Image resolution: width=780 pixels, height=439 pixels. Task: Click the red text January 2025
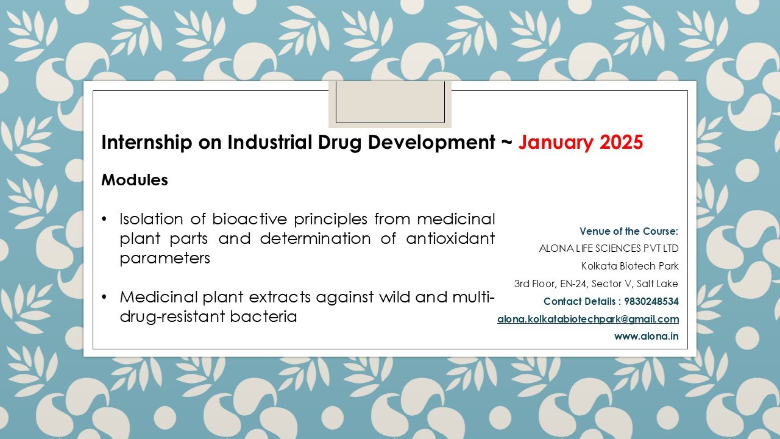pyautogui.click(x=581, y=142)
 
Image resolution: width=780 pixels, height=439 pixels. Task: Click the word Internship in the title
pyautogui.click(x=147, y=143)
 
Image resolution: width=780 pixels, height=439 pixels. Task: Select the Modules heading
pyautogui.click(x=135, y=180)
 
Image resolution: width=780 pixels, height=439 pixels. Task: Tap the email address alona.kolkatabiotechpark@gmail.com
pyautogui.click(x=588, y=319)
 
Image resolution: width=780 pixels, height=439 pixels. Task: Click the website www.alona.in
pyautogui.click(x=647, y=336)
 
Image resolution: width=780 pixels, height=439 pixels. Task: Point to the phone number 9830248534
pyautogui.click(x=651, y=301)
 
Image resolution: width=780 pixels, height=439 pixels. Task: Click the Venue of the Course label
pyautogui.click(x=629, y=231)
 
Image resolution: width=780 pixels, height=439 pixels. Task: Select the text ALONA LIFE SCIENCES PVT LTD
pyautogui.click(x=609, y=248)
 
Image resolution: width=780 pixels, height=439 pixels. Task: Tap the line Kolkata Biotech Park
pyautogui.click(x=630, y=266)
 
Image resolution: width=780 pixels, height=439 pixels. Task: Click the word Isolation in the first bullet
pyautogui.click(x=151, y=219)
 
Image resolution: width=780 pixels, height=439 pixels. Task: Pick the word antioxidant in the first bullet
pyautogui.click(x=450, y=238)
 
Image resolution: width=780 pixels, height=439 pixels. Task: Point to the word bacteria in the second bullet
pyautogui.click(x=263, y=316)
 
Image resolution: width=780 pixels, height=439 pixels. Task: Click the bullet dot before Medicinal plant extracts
pyautogui.click(x=104, y=297)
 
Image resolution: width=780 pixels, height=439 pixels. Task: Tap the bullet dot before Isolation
pyautogui.click(x=104, y=219)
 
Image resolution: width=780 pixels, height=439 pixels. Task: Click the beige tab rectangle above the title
pyautogui.click(x=390, y=104)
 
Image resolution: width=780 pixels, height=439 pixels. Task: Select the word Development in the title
pyautogui.click(x=431, y=143)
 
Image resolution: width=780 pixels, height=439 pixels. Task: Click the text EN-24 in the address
pyautogui.click(x=573, y=284)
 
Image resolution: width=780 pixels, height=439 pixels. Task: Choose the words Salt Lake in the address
pyautogui.click(x=657, y=284)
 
